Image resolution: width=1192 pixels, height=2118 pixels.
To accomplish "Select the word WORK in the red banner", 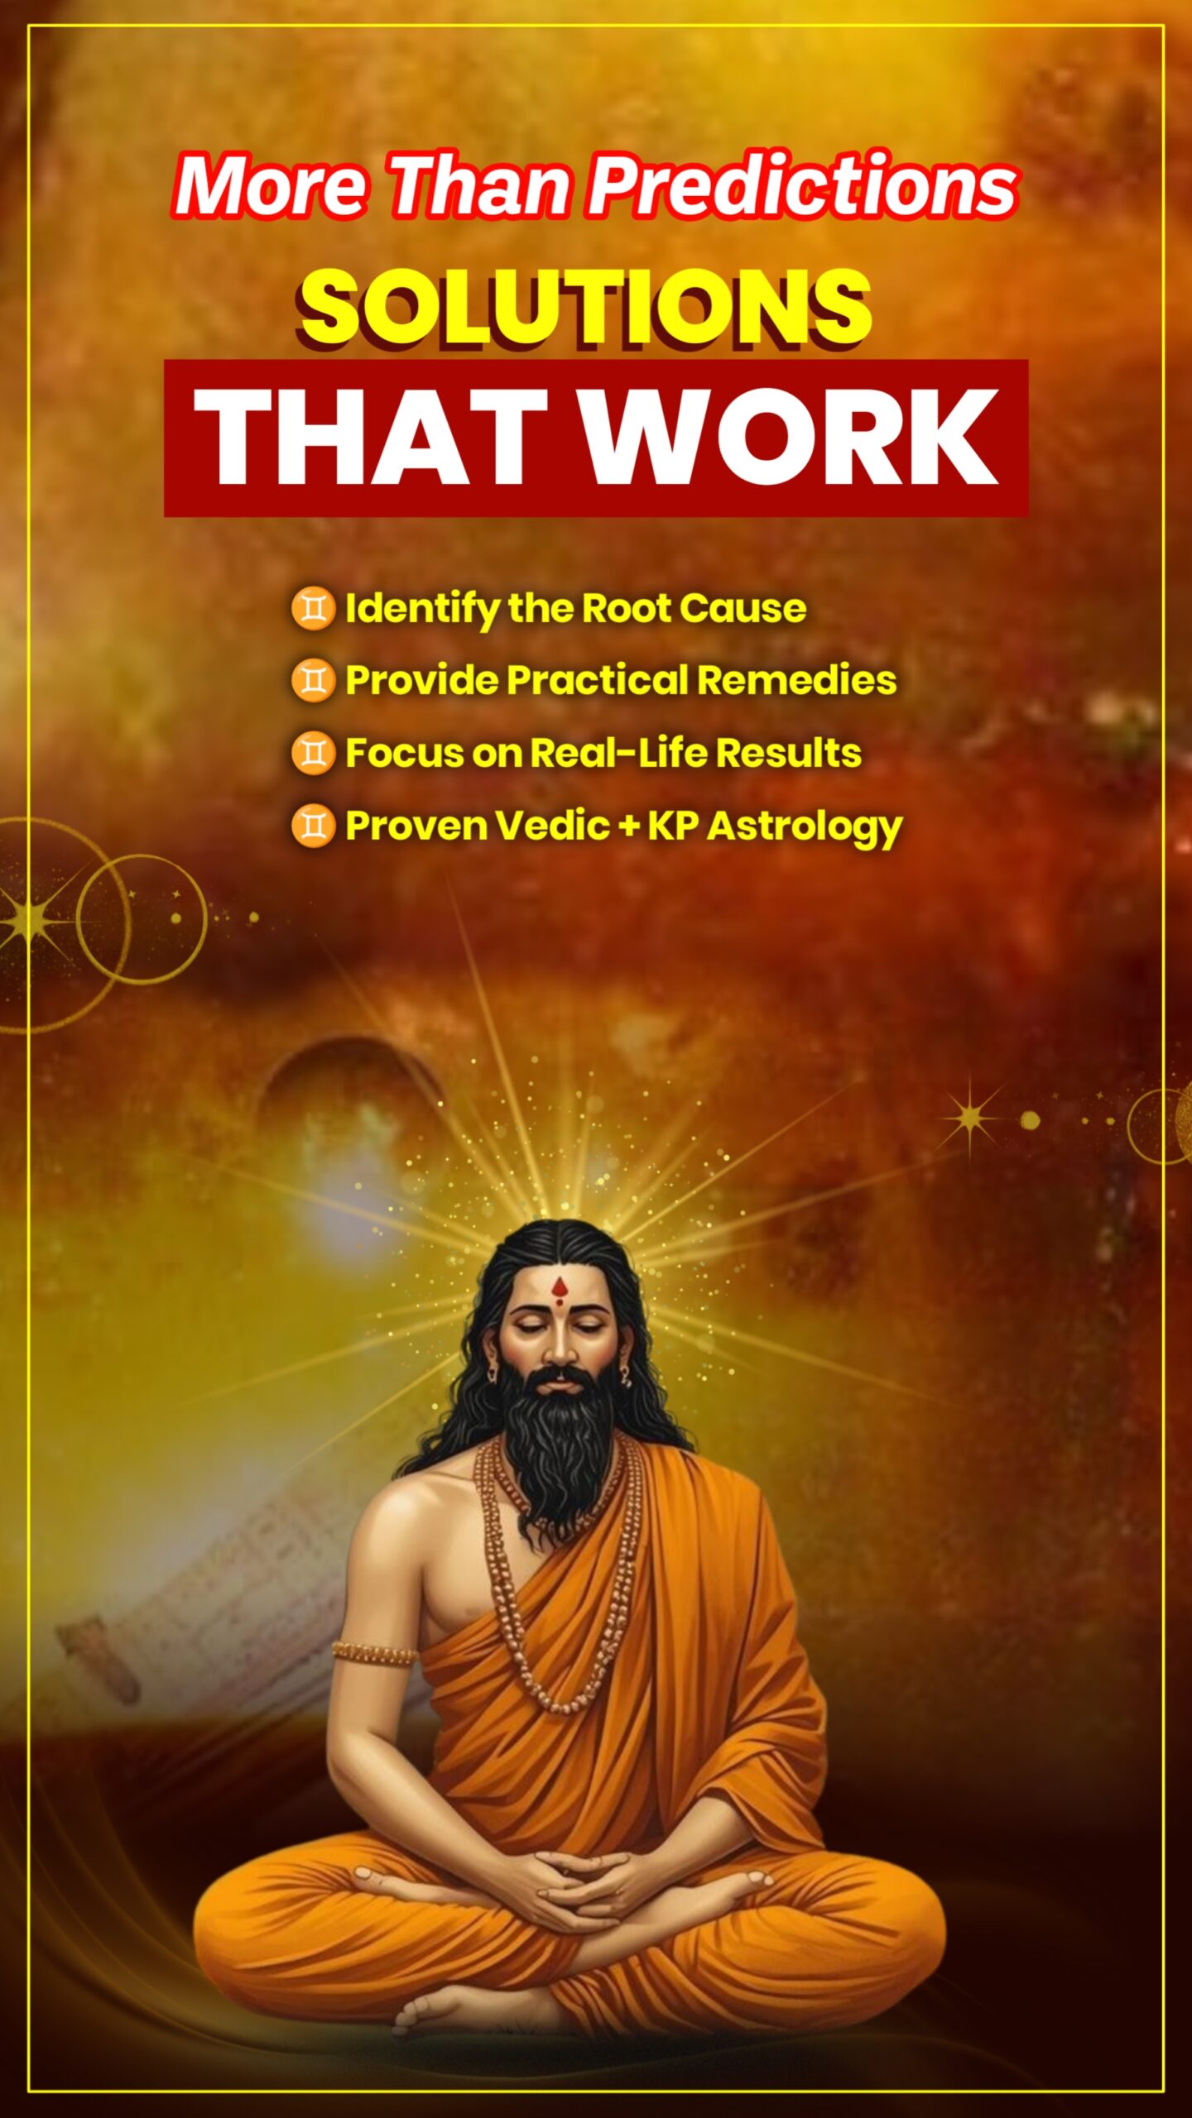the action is click(791, 437).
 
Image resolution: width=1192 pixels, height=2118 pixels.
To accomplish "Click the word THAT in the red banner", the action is click(370, 437).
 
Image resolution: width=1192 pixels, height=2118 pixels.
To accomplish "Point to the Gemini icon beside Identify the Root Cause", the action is click(313, 609).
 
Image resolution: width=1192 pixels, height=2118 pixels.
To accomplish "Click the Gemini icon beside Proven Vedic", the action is click(313, 826).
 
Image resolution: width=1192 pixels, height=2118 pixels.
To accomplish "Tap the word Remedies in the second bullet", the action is click(796, 680).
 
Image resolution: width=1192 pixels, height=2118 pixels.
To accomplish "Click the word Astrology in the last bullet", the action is click(805, 827).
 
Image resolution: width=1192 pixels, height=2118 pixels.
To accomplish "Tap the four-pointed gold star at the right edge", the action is click(972, 1118).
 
